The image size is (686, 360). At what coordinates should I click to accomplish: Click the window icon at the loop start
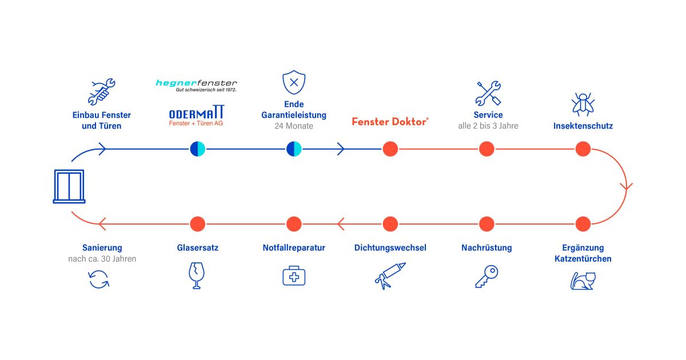[x=69, y=186]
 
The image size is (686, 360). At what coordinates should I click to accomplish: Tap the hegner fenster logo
[x=196, y=85]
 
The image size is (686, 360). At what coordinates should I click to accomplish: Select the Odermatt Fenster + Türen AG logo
[x=197, y=116]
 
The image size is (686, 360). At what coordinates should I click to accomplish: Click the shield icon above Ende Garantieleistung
[x=294, y=83]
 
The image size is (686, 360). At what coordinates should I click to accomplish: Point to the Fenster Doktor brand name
[x=390, y=122]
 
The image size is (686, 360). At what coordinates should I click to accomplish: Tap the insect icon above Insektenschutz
[x=583, y=103]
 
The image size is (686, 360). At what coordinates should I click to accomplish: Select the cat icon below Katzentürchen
[x=583, y=280]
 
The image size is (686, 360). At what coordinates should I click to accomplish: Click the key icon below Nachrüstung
[x=486, y=277]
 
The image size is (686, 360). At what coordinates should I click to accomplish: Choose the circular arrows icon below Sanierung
[x=99, y=279]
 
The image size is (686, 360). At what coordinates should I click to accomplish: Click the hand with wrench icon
[x=101, y=91]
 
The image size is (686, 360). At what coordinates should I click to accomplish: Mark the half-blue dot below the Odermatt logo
[x=197, y=149]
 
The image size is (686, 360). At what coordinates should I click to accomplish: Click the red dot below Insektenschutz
[x=583, y=149]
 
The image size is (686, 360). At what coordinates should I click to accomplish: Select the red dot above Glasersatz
[x=197, y=223]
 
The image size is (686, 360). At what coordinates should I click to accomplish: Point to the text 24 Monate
[x=294, y=126]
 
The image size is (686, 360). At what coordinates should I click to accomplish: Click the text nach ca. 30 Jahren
[x=102, y=259]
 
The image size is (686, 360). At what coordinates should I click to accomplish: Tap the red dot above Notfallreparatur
[x=294, y=223]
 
